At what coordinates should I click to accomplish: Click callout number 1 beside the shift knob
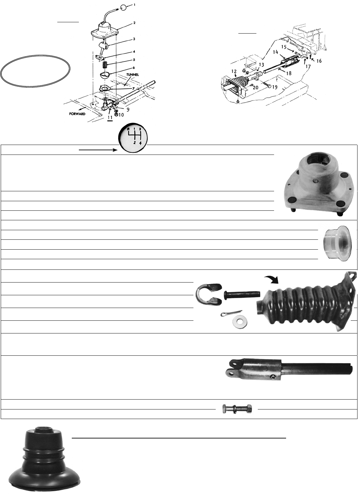(135, 5)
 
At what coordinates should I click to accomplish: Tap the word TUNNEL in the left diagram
(133, 75)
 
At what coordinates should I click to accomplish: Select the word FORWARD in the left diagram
(77, 114)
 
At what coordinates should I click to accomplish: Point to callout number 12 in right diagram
(234, 71)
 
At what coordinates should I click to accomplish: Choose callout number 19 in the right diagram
(275, 87)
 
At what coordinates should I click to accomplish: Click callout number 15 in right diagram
(284, 47)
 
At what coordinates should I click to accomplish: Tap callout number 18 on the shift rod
(289, 73)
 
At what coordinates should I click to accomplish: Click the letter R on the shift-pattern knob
(128, 129)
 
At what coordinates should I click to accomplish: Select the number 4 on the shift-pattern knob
(141, 143)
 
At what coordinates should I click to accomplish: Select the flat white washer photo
(240, 322)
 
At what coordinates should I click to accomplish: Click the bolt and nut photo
(237, 409)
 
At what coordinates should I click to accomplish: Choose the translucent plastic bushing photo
(338, 243)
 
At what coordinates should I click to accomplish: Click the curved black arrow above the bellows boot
(272, 280)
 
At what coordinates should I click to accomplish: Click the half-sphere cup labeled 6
(106, 75)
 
